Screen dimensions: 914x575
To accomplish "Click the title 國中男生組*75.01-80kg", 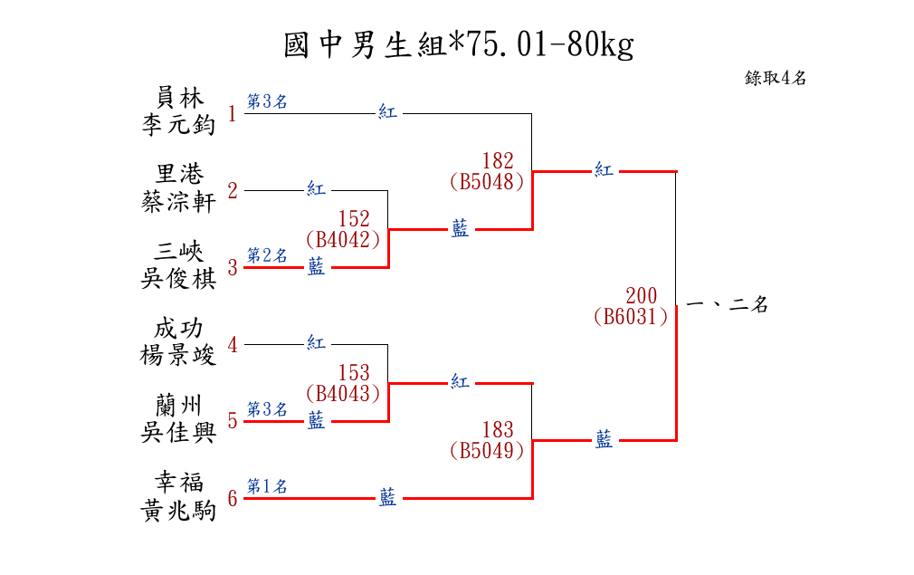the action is coord(458,45).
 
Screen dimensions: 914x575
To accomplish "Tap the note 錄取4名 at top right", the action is coord(776,78).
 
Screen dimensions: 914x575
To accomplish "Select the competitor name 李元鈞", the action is coord(179,125).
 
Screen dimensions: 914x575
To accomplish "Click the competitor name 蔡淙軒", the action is coord(179,202).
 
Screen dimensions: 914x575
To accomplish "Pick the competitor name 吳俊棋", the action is coord(179,279).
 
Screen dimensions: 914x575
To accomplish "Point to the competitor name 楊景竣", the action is coord(179,355).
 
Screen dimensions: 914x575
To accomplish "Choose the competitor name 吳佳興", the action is coord(179,432).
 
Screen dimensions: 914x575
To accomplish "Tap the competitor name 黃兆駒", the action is coord(179,510).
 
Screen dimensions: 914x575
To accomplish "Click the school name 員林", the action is coord(179,98).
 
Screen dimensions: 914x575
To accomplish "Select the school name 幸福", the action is coord(179,483).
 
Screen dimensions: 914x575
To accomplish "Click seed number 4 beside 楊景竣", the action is coord(233,345).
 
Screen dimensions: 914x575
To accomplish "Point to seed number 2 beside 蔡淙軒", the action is coord(233,191).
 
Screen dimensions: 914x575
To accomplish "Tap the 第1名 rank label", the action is coord(267,485).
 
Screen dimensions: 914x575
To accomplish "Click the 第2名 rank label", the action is coord(267,254).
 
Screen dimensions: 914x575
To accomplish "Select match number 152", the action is coord(354,219).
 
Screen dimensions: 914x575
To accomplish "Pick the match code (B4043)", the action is coord(343,393).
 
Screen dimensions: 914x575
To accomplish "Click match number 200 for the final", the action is coord(642,295).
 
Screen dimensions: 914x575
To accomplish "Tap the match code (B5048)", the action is coord(487,181).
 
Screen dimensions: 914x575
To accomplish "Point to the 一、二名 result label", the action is coord(728,304).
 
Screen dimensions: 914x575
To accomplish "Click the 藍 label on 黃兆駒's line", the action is coord(388,497).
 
